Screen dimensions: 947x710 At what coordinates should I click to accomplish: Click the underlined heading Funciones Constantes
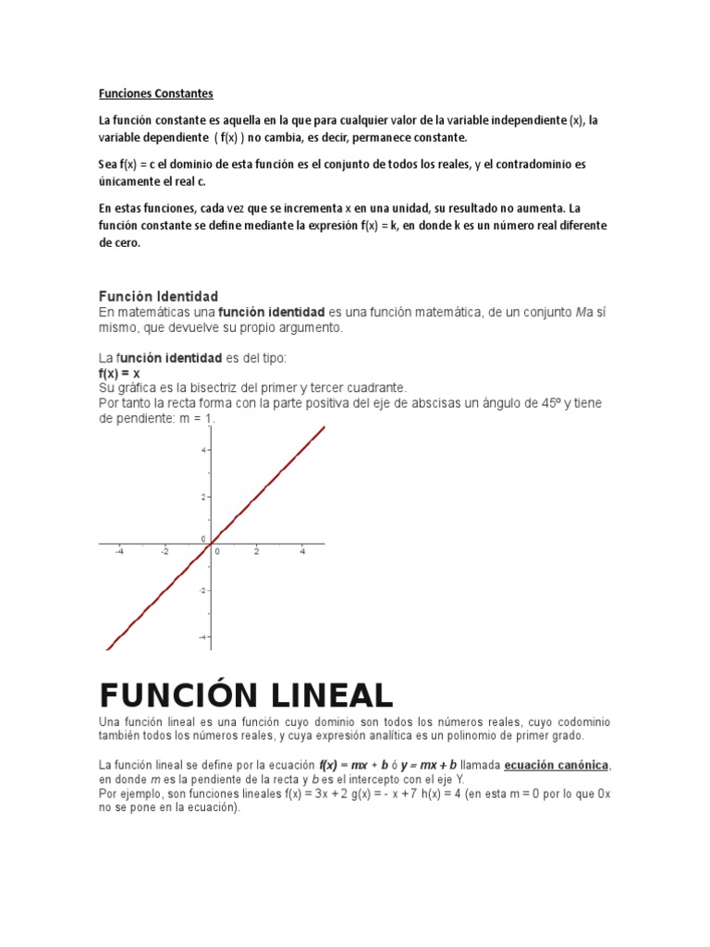[156, 93]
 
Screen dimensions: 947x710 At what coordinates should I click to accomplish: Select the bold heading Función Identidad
[158, 297]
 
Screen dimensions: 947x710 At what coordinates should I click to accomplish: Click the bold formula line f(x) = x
[119, 373]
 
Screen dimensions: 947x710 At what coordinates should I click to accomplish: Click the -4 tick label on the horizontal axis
[119, 552]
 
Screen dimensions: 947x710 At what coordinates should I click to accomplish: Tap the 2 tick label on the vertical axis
[203, 497]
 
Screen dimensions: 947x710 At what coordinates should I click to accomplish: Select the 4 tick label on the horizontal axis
[302, 552]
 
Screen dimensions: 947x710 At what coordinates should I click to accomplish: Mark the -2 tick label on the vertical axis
[202, 589]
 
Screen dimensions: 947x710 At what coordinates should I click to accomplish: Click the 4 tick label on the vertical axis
[203, 449]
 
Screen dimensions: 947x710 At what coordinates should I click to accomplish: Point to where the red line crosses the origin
[212, 543]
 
